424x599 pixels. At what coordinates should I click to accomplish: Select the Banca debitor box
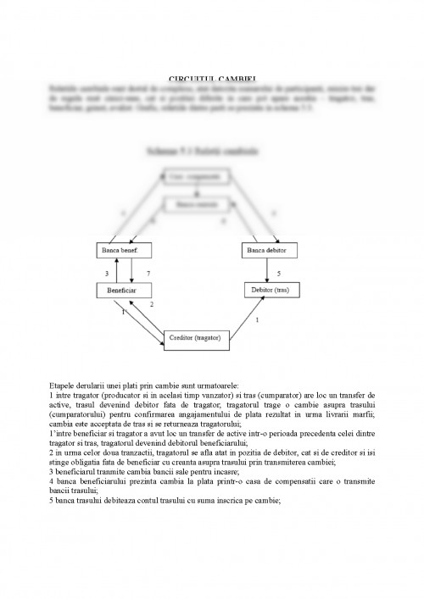click(268, 252)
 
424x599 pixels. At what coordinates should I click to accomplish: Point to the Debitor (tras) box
click(268, 290)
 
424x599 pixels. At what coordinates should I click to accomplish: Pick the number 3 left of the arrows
click(106, 275)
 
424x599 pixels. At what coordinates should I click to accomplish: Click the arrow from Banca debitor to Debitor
click(268, 270)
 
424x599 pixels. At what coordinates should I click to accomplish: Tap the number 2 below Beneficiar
click(152, 304)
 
